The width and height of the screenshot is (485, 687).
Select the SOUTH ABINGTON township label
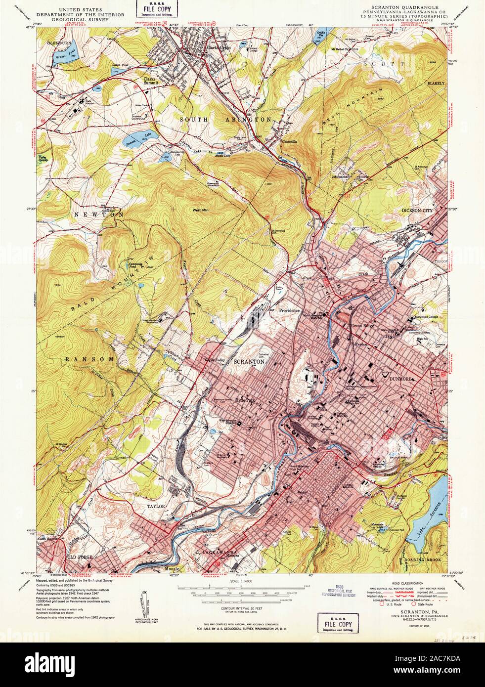click(x=225, y=120)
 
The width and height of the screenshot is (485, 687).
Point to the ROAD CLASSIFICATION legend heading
click(x=407, y=583)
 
